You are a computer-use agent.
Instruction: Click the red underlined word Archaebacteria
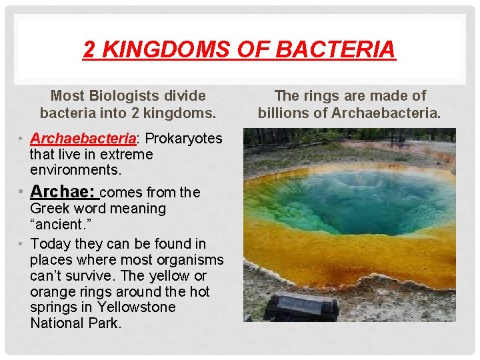pos(83,139)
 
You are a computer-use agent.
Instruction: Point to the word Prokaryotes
pos(183,139)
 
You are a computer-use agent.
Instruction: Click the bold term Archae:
pos(64,192)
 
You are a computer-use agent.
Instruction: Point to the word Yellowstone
pos(137,307)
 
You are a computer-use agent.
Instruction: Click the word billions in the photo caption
pos(284,113)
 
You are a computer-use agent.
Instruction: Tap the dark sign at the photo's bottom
pos(301,307)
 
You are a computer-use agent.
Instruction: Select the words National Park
pos(76,323)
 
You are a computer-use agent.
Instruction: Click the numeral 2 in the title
pos(89,49)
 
